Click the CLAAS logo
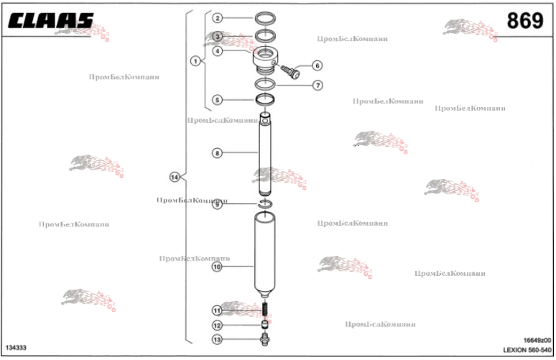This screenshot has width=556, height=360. click(x=50, y=22)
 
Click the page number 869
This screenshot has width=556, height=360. click(x=524, y=22)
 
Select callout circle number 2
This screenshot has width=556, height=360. click(x=217, y=17)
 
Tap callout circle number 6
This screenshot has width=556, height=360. click(x=317, y=65)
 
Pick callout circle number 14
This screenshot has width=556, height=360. click(x=174, y=177)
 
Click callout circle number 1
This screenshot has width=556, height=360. click(x=194, y=61)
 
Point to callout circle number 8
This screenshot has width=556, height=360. click(x=217, y=152)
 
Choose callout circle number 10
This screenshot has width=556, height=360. click(x=217, y=267)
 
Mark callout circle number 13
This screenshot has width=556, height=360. click(x=217, y=339)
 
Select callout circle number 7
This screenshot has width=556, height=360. click(x=317, y=85)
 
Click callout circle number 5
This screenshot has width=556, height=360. click(x=217, y=100)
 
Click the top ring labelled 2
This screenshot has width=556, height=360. click(x=267, y=17)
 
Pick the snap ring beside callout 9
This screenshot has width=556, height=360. click(x=265, y=206)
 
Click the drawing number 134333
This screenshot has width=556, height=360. click(x=16, y=349)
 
